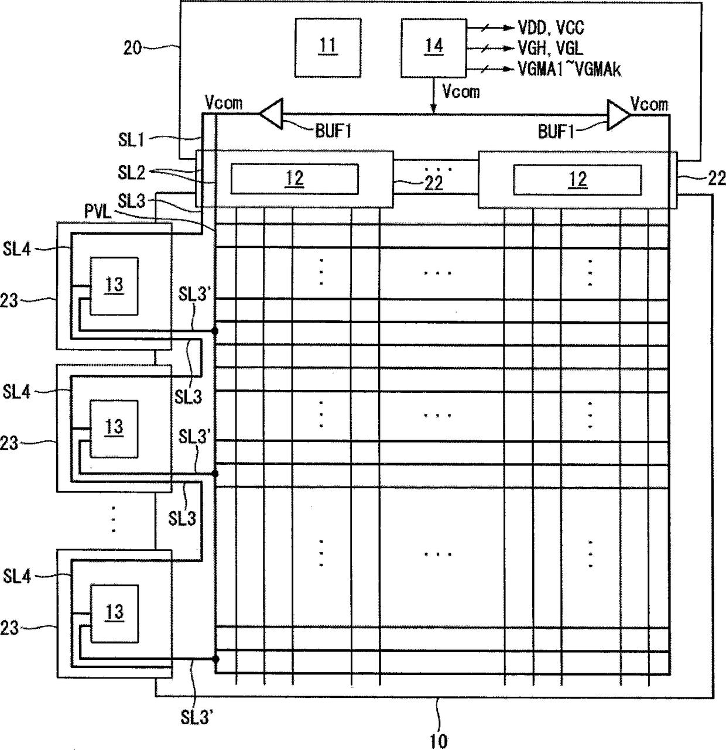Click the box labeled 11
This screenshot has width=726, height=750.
(328, 48)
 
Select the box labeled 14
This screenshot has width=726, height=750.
(434, 48)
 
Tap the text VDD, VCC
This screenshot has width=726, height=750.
(551, 28)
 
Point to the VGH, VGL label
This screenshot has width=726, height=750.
(550, 49)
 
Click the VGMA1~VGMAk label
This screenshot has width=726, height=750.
(569, 70)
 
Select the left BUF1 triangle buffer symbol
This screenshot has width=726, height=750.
(271, 114)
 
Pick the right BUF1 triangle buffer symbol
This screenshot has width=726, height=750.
(619, 115)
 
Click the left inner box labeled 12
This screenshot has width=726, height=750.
(294, 179)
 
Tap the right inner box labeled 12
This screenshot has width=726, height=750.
(577, 180)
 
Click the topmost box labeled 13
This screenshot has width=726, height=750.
(114, 286)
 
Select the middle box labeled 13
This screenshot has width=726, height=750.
(114, 429)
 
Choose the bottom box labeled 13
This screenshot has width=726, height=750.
(114, 614)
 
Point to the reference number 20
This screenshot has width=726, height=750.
(132, 48)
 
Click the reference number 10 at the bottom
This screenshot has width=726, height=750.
(438, 741)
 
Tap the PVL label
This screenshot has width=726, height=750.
(98, 211)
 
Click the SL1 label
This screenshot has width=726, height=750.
(131, 139)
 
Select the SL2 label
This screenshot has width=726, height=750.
(131, 173)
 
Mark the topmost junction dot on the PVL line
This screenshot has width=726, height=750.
(215, 331)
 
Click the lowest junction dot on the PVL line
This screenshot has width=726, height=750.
(215, 659)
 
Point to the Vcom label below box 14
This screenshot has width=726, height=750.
(461, 92)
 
